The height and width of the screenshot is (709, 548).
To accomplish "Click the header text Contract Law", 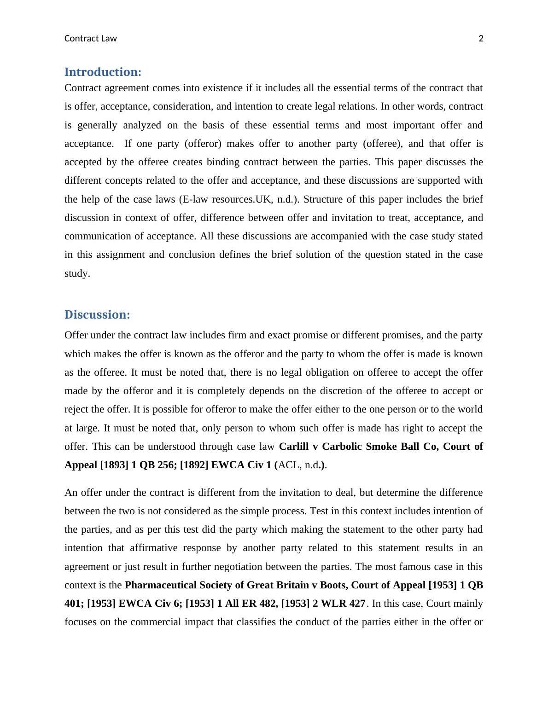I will click(90, 39).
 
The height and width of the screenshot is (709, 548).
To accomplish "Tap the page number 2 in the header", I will click(481, 39).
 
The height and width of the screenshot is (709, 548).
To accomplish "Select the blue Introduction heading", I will click(103, 72).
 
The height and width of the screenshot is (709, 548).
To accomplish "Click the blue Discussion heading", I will click(97, 315).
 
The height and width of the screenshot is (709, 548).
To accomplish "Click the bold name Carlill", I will click(294, 447).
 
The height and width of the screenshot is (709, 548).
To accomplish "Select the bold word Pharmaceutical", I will click(162, 585).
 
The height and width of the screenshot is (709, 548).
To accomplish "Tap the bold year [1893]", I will click(114, 465).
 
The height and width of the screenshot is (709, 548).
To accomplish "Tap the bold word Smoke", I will click(391, 447).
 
